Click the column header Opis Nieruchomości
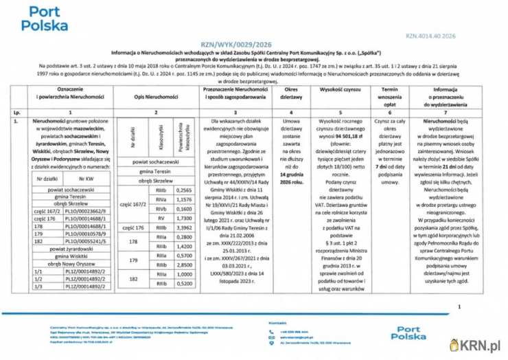click(157, 93)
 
